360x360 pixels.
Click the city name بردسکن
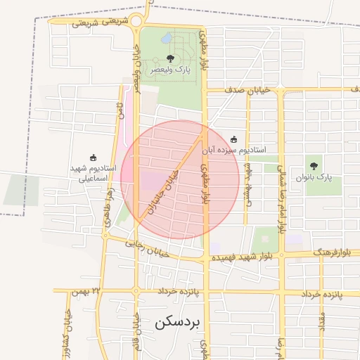click(176, 323)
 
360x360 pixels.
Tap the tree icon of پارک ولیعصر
click(169, 59)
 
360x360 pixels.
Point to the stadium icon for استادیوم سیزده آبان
click(234, 139)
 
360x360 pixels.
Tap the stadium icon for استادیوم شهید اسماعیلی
click(94, 158)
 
